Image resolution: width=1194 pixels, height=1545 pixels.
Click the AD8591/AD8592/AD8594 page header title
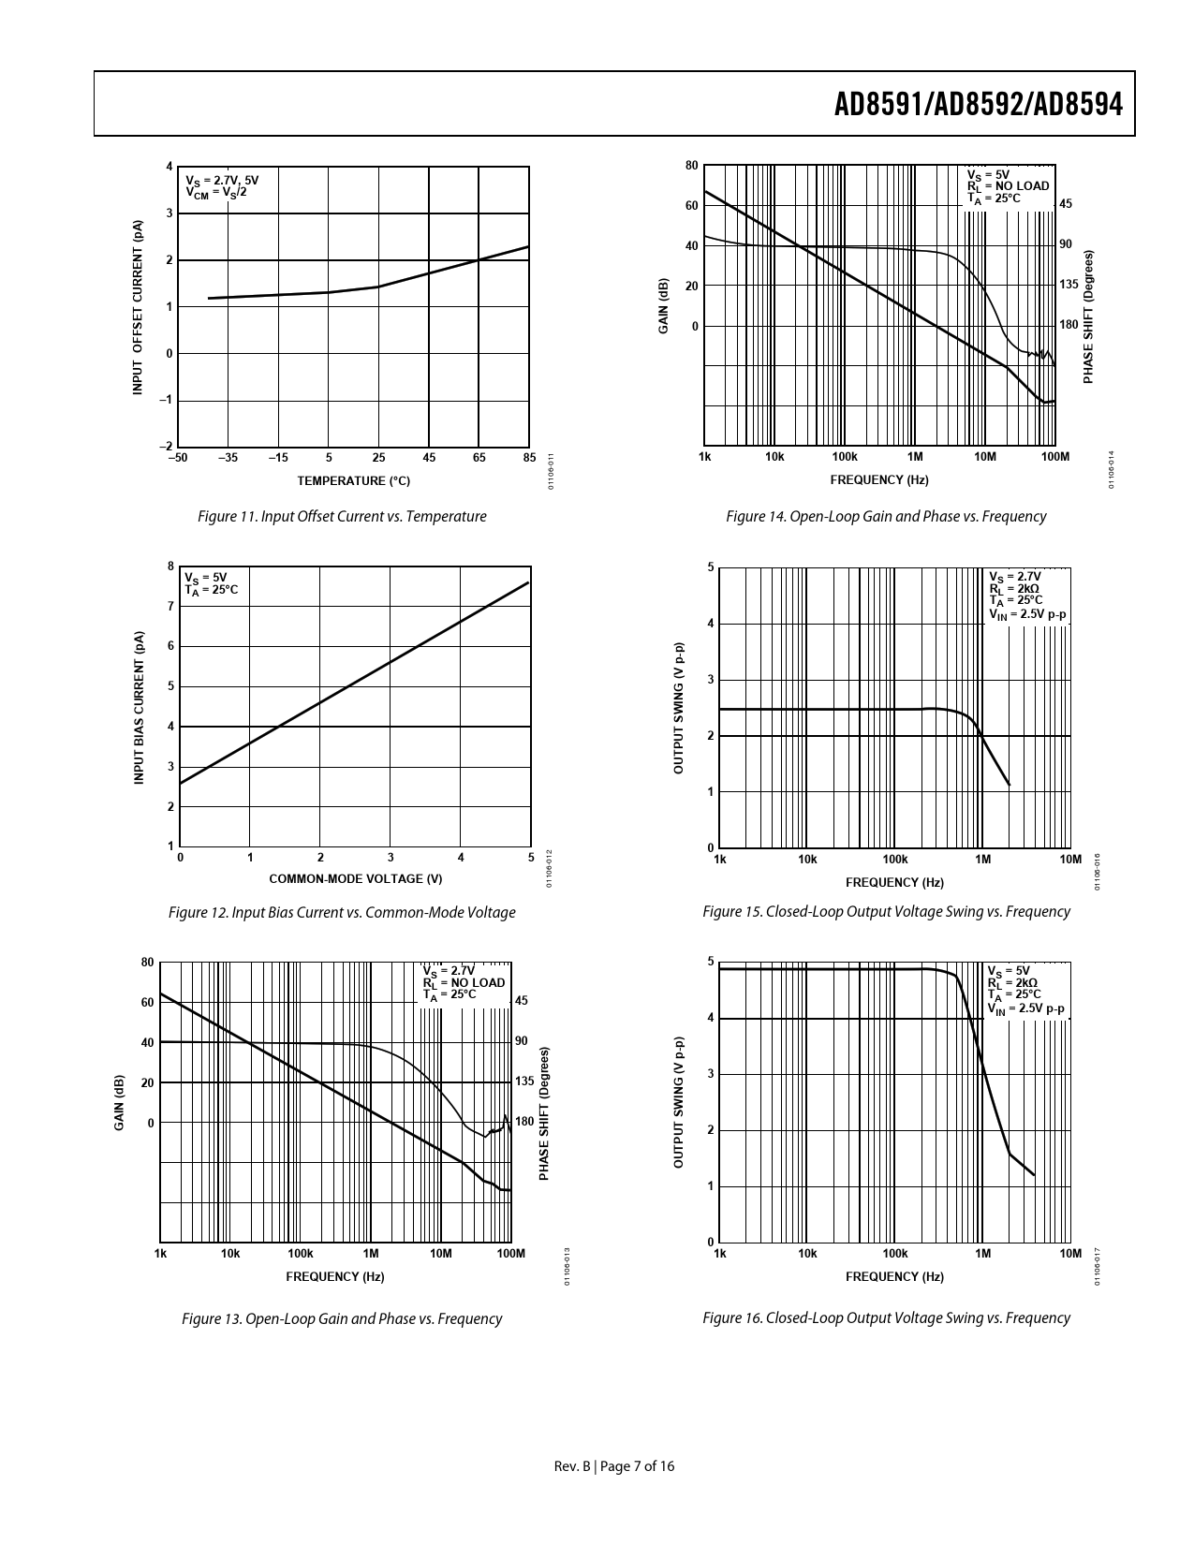(x=978, y=105)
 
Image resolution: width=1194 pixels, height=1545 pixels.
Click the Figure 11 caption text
(x=342, y=516)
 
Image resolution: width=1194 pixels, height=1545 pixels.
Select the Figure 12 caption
(x=342, y=912)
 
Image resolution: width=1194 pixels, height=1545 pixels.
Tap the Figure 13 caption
(x=342, y=1318)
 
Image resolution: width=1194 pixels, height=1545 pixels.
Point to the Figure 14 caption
(x=886, y=516)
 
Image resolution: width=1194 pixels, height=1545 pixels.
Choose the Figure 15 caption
(x=886, y=911)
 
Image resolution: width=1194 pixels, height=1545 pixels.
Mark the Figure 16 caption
(x=886, y=1317)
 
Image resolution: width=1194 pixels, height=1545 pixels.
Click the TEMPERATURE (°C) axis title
(x=354, y=481)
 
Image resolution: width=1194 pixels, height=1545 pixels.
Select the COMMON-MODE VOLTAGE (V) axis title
(x=355, y=878)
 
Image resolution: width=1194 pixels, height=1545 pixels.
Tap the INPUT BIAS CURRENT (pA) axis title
(x=138, y=707)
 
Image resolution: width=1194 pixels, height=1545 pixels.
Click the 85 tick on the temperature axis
(x=529, y=458)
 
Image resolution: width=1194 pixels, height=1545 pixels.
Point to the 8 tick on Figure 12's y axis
(x=170, y=566)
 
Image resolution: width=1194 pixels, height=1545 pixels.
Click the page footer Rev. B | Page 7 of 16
(x=614, y=1466)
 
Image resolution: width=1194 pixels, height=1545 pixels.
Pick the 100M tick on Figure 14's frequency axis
(x=1054, y=456)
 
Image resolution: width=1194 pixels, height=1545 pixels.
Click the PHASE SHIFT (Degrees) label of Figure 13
(x=544, y=1113)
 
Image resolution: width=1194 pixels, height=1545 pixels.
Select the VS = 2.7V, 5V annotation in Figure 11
(x=222, y=180)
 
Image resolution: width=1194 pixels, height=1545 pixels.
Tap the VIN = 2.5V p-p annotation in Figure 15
(x=1027, y=614)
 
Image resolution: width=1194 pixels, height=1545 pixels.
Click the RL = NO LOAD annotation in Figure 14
(x=1008, y=186)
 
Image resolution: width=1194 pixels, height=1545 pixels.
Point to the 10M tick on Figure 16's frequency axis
(x=1069, y=1253)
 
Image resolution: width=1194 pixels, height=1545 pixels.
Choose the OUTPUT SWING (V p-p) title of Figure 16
(x=678, y=1102)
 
